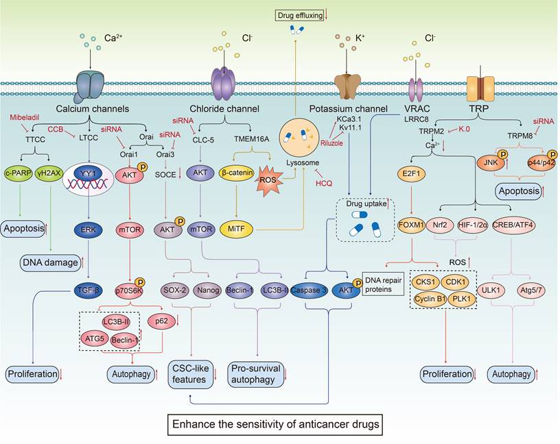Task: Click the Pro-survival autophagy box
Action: coord(257,374)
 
